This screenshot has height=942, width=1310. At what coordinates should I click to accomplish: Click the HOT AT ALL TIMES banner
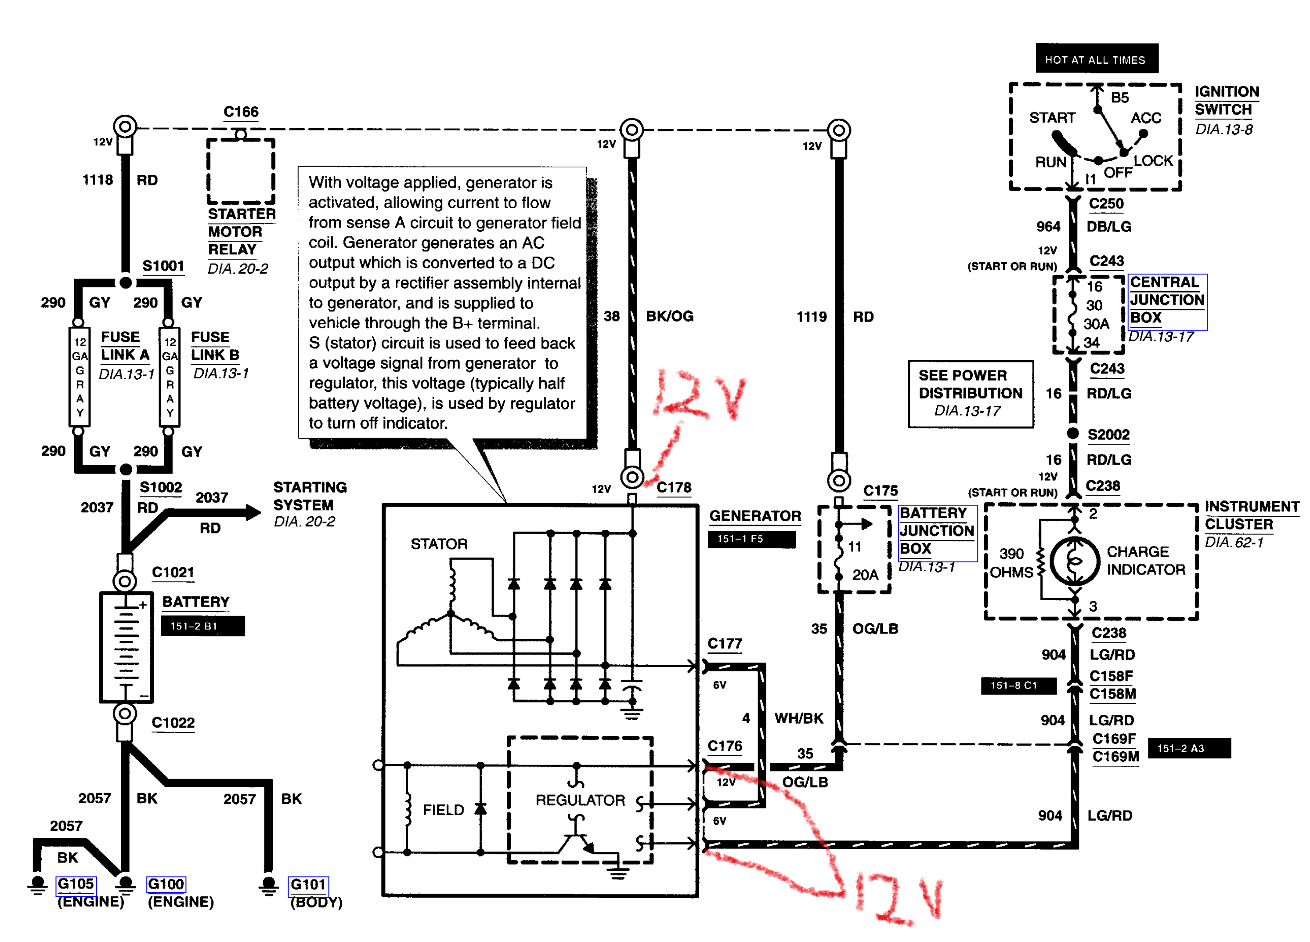coord(1096,59)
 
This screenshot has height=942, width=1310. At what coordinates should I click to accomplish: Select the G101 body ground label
coord(307,884)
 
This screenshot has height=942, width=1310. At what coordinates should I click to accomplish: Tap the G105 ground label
coord(75,884)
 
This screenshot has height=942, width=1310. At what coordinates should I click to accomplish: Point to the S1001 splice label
coord(163,266)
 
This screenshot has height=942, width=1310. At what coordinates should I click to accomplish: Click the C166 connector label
coord(241,112)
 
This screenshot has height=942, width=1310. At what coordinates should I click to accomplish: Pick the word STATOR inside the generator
coord(439,544)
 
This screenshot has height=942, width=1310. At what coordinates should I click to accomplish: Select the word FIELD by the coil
coord(443,810)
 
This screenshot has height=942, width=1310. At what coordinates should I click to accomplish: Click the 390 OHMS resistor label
coord(1011,562)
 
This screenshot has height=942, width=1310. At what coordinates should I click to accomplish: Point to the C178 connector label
coord(674,487)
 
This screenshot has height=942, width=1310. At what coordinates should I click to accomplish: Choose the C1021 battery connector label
coord(173,572)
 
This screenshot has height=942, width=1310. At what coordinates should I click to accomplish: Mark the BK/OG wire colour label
coord(669,316)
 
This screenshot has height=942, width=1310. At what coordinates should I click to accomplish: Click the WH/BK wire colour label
coord(798,718)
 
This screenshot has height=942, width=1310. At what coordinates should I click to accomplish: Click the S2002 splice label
coord(1108,435)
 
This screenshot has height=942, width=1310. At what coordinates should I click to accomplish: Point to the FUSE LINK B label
coord(214,346)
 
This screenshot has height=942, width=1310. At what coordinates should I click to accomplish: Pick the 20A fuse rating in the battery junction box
coord(865,574)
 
